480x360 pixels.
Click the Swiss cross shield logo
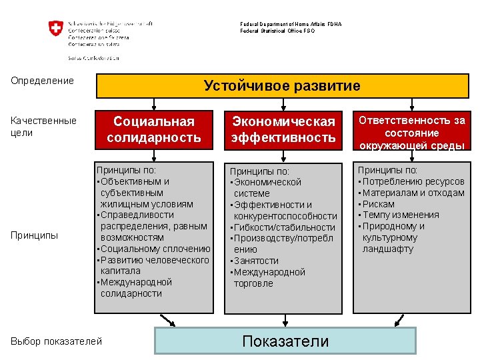(55, 29)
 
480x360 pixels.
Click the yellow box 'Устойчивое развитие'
(283, 86)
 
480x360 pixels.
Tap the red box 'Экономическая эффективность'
(283, 129)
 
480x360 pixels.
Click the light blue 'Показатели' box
(285, 341)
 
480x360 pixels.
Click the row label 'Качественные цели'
(44, 126)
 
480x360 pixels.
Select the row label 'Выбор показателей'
(57, 341)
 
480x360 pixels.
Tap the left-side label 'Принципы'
(35, 235)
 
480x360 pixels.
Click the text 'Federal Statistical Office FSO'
(277, 31)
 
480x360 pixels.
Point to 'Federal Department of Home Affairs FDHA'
(291, 24)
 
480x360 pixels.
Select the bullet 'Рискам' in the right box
(379, 204)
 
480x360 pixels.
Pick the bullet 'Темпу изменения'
(401, 215)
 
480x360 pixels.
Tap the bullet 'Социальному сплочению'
(155, 249)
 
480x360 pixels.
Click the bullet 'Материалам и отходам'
(413, 193)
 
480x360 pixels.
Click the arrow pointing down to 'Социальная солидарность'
(155, 104)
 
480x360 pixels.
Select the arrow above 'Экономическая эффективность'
(284, 104)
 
